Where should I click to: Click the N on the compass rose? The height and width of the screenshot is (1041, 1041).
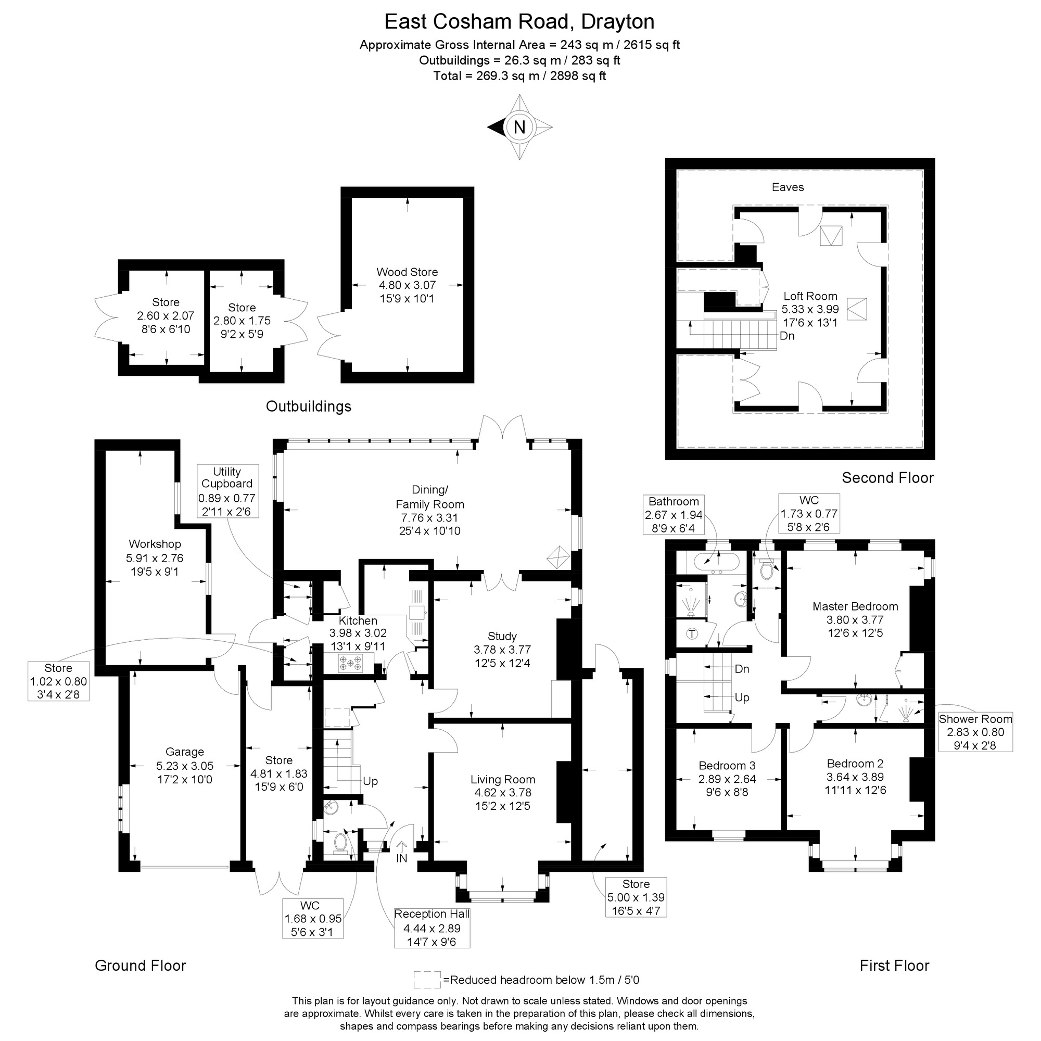click(x=519, y=127)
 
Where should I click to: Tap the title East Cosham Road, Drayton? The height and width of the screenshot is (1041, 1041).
click(x=519, y=21)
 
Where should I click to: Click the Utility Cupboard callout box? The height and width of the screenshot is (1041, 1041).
click(x=227, y=491)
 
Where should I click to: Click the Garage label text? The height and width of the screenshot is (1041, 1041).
click(x=184, y=752)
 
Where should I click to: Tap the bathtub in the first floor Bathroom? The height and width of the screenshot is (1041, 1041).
click(x=716, y=563)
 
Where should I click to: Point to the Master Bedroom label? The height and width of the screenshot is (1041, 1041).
click(x=855, y=606)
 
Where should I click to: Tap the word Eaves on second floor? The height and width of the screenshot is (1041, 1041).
click(x=787, y=187)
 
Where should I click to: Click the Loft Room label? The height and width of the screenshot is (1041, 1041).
click(x=810, y=296)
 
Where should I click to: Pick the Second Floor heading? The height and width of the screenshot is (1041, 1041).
click(x=887, y=477)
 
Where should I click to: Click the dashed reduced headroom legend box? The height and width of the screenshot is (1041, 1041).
click(x=427, y=980)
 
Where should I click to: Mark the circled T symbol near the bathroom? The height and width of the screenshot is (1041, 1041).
click(x=692, y=634)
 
